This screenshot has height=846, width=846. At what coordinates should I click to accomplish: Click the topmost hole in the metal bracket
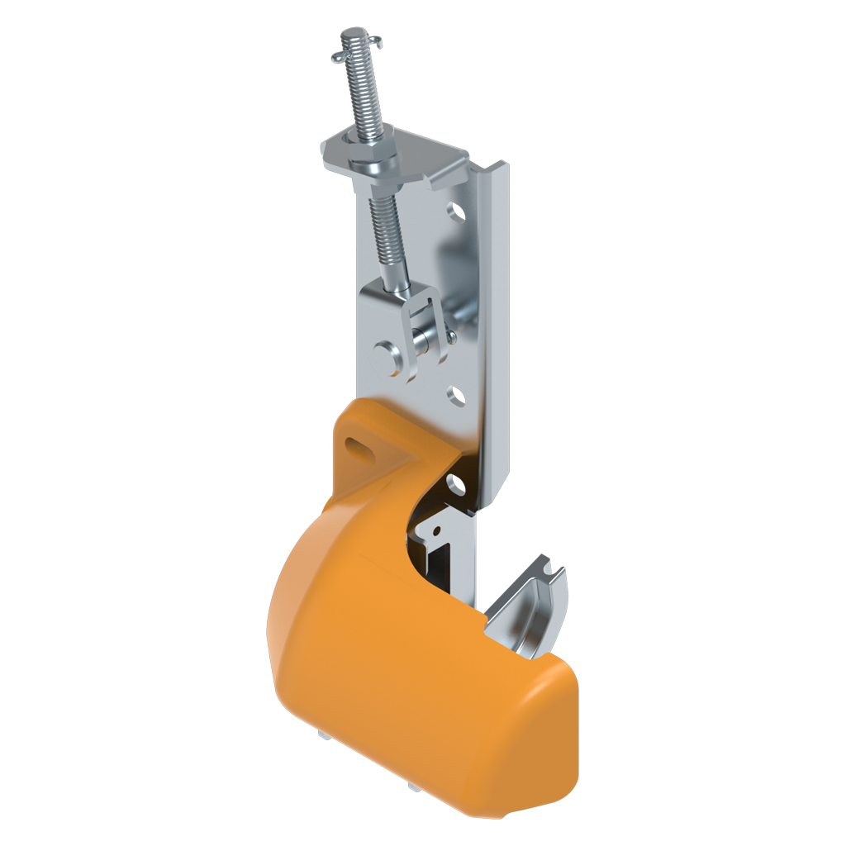pos(455,212)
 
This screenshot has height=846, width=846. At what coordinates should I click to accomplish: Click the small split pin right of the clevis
pos(452,335)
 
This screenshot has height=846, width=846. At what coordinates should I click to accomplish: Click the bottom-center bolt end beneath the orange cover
pos(411,791)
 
